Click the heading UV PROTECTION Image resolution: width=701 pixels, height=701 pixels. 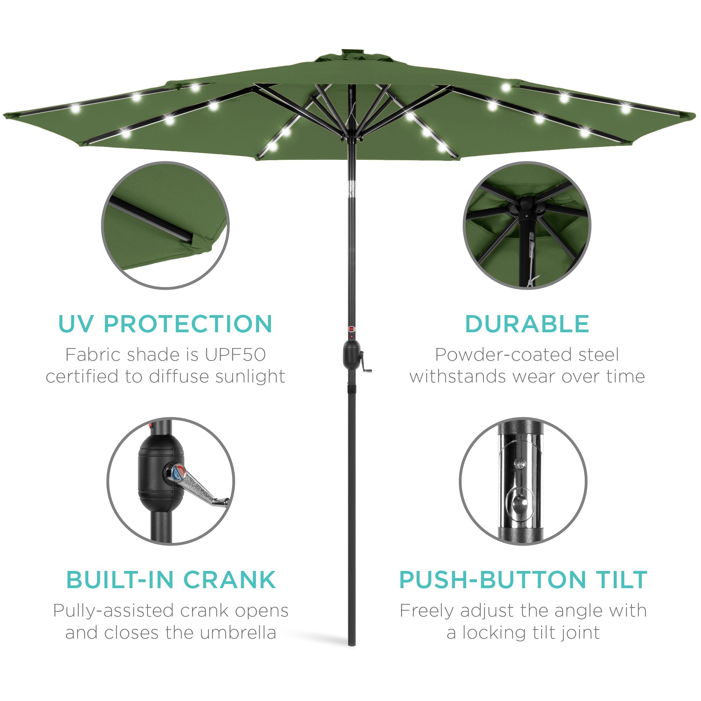pyautogui.click(x=165, y=324)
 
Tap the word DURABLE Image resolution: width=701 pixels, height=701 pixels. pyautogui.click(x=526, y=324)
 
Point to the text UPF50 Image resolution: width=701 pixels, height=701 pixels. pyautogui.click(x=235, y=355)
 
